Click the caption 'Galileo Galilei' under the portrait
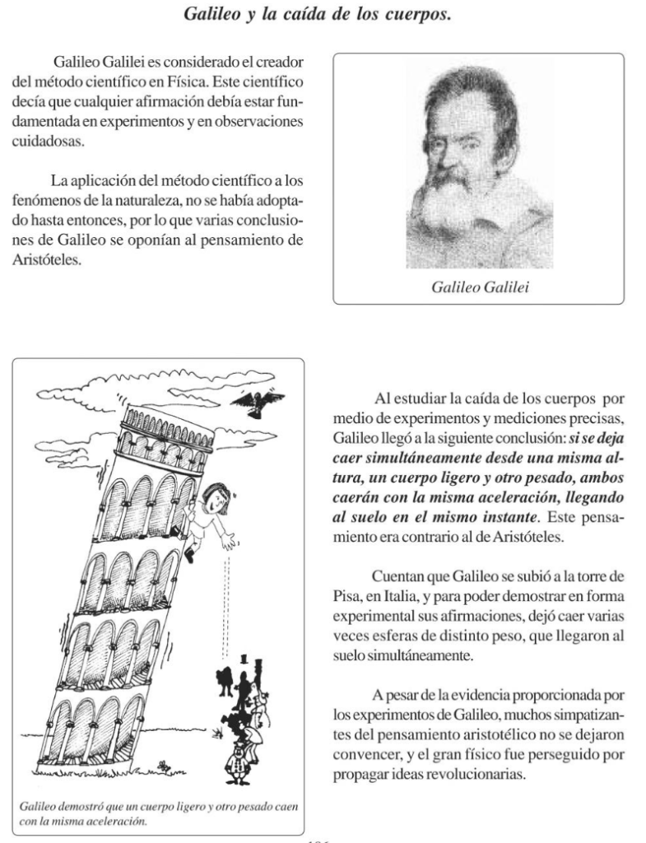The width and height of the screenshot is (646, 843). [478, 286]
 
